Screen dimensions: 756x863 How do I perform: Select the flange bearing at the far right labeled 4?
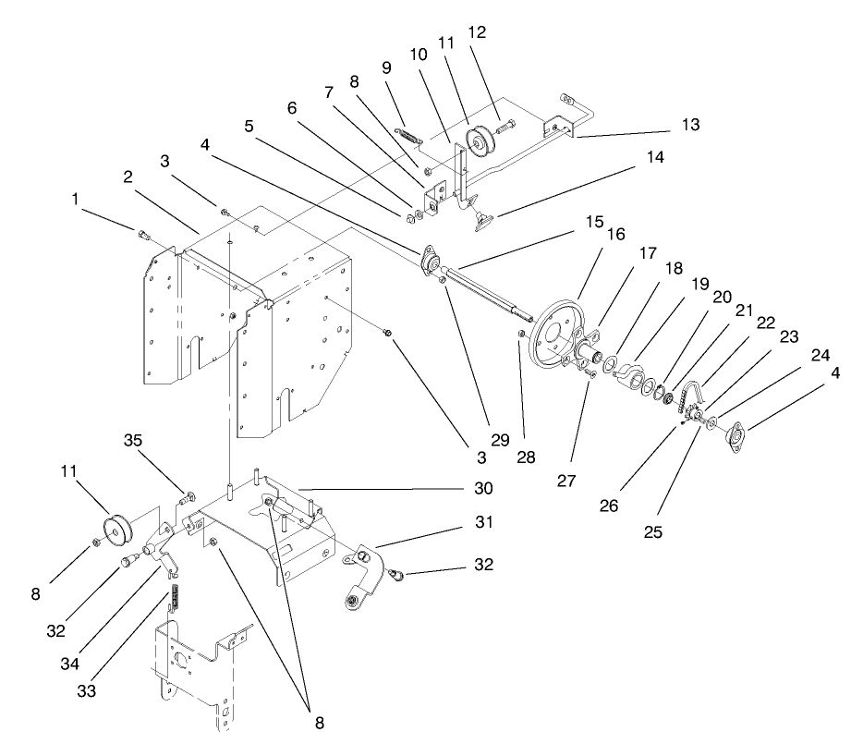[740, 435]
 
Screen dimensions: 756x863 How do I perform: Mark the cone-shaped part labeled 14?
[484, 219]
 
